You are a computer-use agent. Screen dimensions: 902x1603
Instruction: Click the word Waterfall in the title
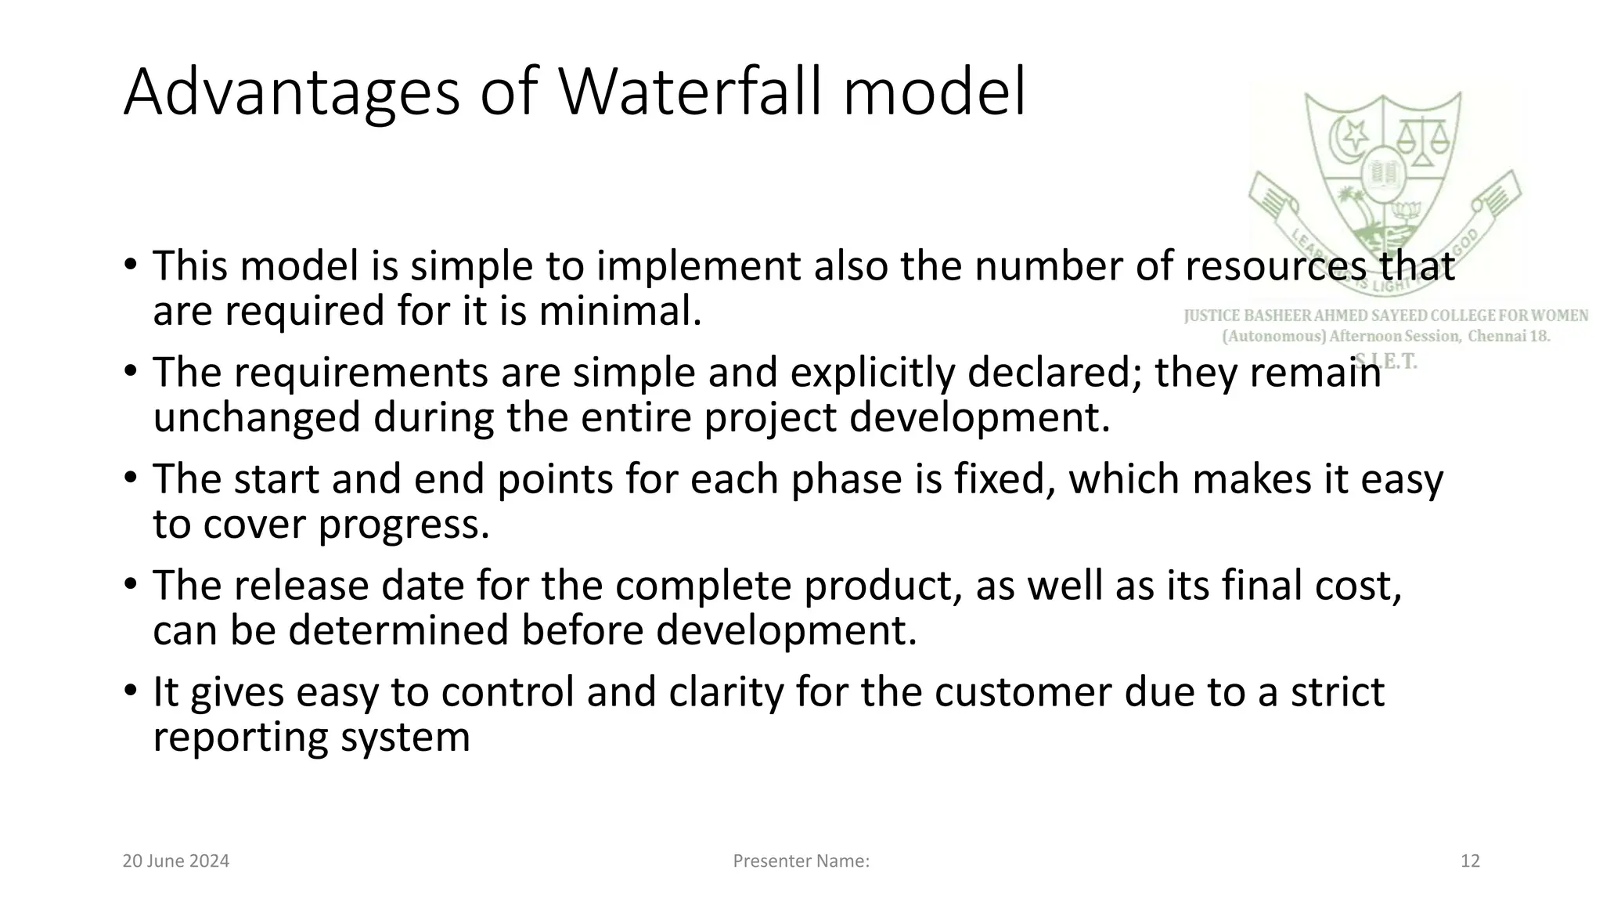pyautogui.click(x=693, y=92)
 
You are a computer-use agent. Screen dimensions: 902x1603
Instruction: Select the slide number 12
pyautogui.click(x=1470, y=861)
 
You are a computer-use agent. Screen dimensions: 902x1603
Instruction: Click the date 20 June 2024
pyautogui.click(x=176, y=861)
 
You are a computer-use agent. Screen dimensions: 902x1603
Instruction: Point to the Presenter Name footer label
pyautogui.click(x=801, y=861)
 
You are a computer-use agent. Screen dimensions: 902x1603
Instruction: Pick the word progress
pyautogui.click(x=404, y=524)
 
